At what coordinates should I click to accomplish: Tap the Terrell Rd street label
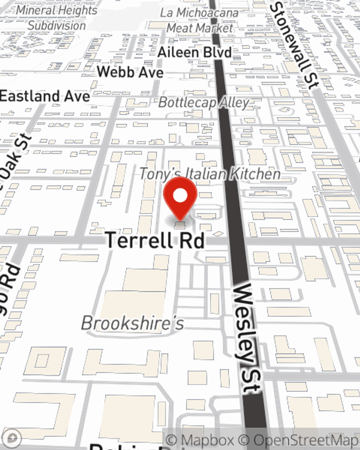click(155, 240)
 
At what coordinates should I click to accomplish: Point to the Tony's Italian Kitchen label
click(210, 174)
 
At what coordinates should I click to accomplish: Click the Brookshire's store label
click(132, 323)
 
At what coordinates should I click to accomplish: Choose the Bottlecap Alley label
click(204, 103)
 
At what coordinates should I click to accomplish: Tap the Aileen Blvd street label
click(195, 53)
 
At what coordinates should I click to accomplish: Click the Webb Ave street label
click(130, 72)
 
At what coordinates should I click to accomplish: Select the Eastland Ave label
click(45, 96)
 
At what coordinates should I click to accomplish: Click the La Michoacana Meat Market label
click(199, 21)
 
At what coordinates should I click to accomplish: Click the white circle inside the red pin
click(180, 196)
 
